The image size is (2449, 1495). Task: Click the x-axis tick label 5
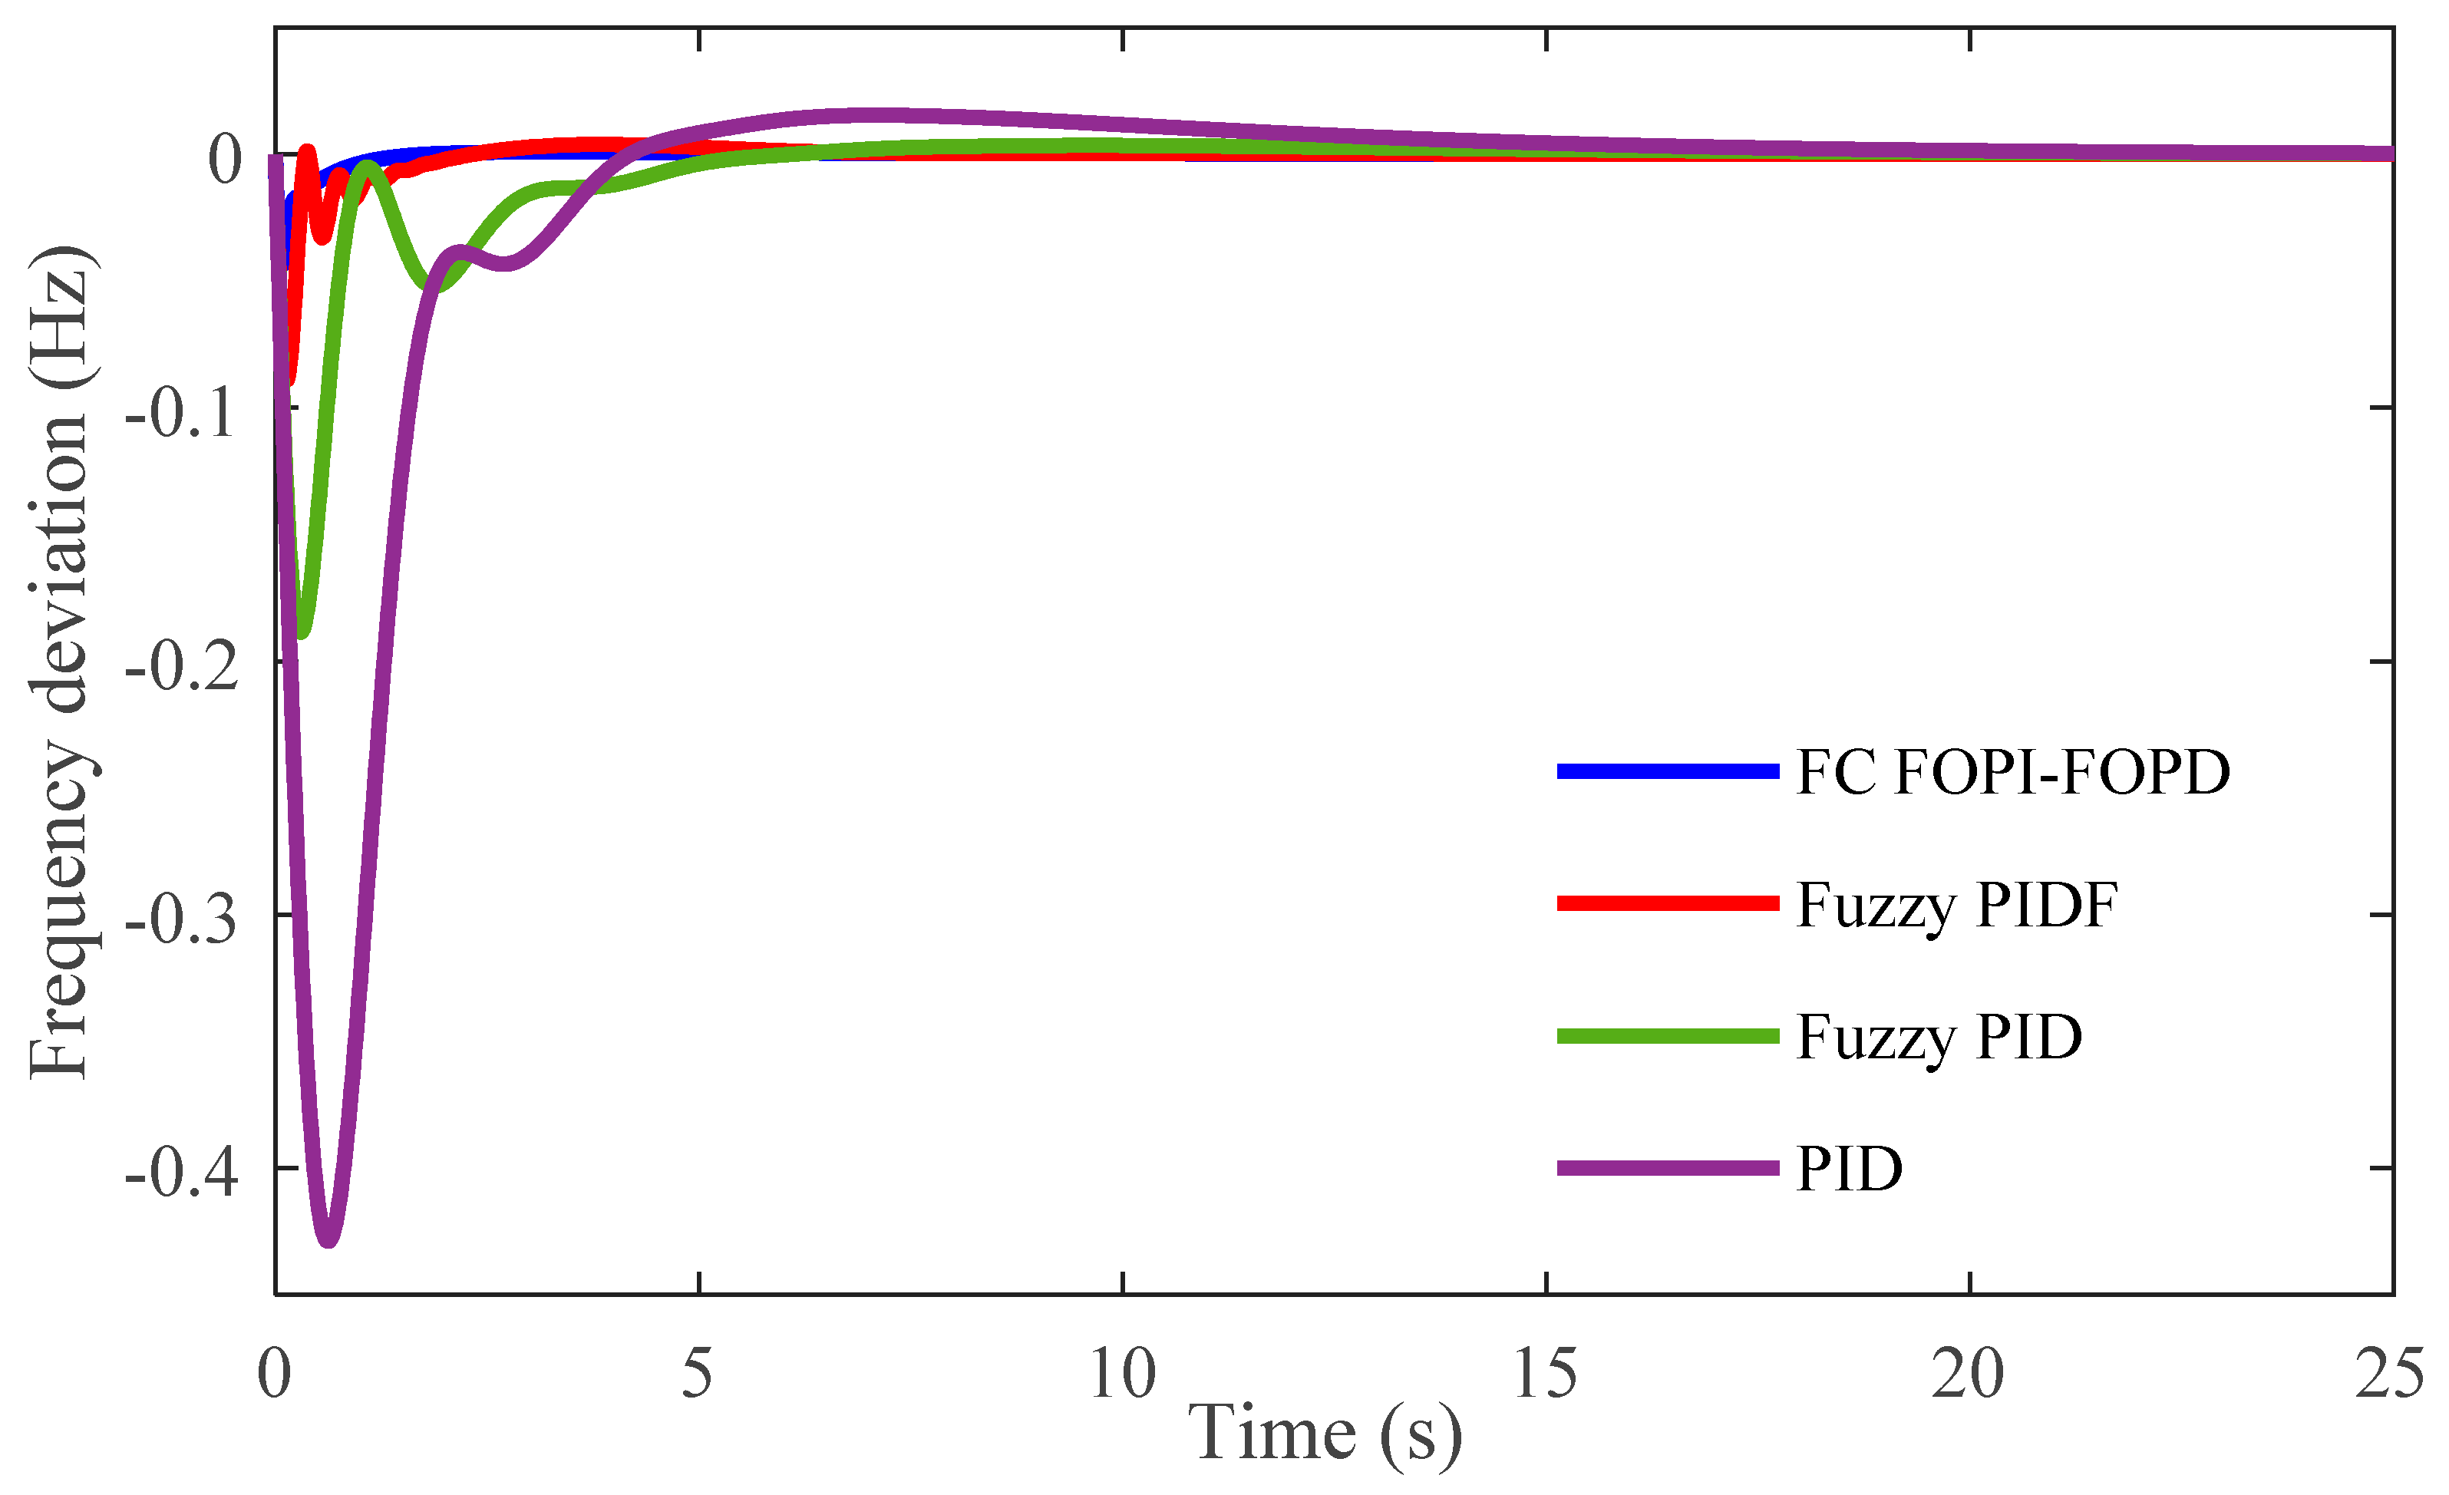[x=698, y=1375]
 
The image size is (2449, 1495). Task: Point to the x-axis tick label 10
[x=1122, y=1375]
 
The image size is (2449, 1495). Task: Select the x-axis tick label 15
[x=1546, y=1375]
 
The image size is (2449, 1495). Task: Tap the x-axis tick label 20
[x=1968, y=1375]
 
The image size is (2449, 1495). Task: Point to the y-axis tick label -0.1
[x=182, y=410]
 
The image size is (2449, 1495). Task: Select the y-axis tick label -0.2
[x=182, y=663]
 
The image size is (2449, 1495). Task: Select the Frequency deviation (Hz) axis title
[x=60, y=661]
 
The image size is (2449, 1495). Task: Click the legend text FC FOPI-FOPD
[x=2012, y=771]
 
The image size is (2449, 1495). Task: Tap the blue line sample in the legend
[x=1667, y=771]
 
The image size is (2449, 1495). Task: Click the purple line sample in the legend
[x=1667, y=1168]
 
